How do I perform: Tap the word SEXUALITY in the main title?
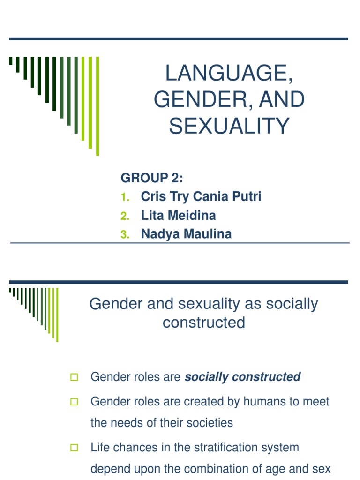(x=229, y=126)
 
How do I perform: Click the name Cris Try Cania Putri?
(x=201, y=196)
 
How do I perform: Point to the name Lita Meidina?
(x=179, y=215)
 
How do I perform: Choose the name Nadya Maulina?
(x=186, y=234)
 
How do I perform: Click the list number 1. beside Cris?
(x=124, y=197)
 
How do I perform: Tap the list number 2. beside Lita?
(x=124, y=216)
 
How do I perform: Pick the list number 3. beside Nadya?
(x=124, y=235)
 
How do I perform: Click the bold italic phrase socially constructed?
(x=243, y=377)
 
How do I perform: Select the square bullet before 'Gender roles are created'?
(x=74, y=402)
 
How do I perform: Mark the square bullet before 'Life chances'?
(x=74, y=448)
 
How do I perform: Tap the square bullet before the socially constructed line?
(x=74, y=377)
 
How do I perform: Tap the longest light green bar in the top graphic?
(x=97, y=106)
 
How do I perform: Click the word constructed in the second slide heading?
(x=204, y=322)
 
